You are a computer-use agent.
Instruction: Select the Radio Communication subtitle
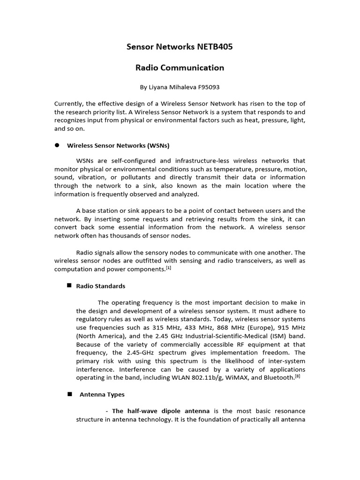point(180,67)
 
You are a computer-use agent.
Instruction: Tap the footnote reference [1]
point(169,268)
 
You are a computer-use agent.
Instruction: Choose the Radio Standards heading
point(101,286)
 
